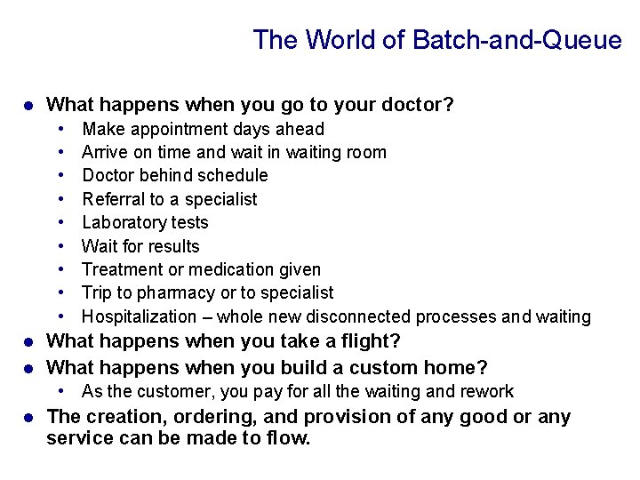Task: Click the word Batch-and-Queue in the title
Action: (518, 40)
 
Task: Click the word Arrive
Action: (105, 153)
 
